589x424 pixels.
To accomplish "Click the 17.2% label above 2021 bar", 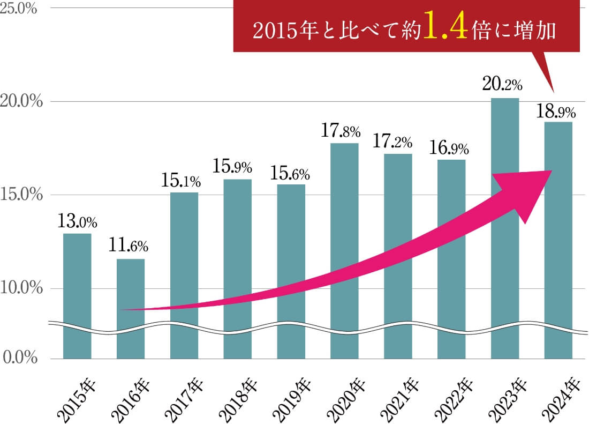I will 394,143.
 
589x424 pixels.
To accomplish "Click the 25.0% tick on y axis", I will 19,9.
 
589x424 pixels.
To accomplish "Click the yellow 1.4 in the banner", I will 442,31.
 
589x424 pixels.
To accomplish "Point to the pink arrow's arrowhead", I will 527,193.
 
